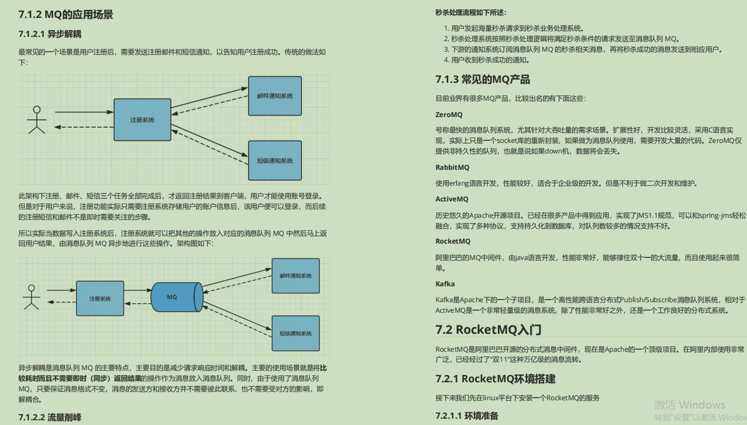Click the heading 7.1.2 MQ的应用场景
click(x=65, y=14)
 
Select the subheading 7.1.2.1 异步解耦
click(x=50, y=34)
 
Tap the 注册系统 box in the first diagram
click(x=143, y=120)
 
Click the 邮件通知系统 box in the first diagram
click(x=275, y=96)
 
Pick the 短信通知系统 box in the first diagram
click(x=275, y=160)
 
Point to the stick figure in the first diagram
click(x=36, y=120)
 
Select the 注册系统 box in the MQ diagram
click(x=100, y=299)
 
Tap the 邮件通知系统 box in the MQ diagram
click(x=295, y=276)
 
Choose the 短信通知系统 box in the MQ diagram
click(x=295, y=333)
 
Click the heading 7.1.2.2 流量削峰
click(x=50, y=418)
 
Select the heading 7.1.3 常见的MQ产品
click(x=483, y=80)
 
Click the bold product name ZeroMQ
click(x=449, y=114)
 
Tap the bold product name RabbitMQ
click(x=452, y=167)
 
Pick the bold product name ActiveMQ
click(x=451, y=199)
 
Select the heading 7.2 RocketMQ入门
click(x=488, y=330)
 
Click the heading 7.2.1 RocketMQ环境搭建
click(x=495, y=379)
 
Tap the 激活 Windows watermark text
click(x=689, y=405)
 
